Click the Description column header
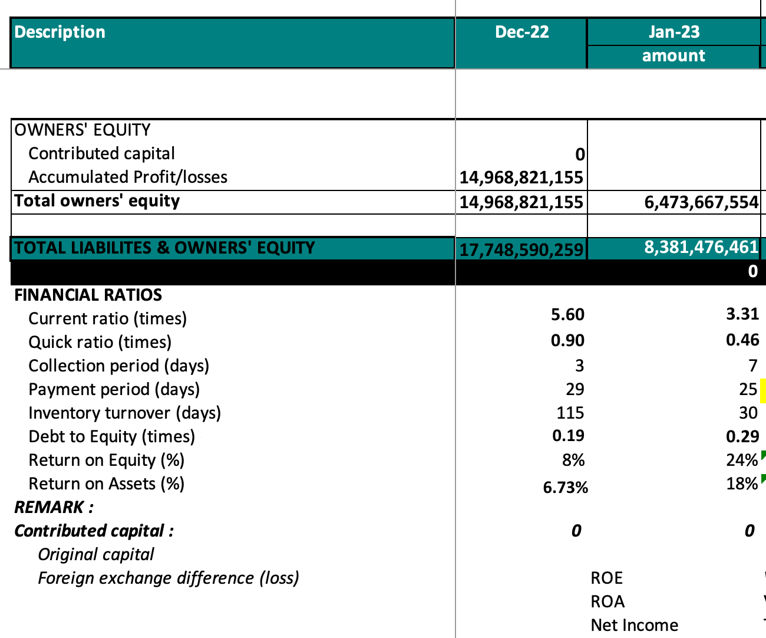[60, 32]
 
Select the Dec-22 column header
[521, 32]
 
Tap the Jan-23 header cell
[674, 32]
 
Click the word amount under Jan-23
[673, 56]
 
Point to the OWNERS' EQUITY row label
[82, 130]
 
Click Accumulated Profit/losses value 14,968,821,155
[521, 177]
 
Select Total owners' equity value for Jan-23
[701, 202]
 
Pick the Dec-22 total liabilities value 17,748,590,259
[521, 250]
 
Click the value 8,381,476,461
[701, 248]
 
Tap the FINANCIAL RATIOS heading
[88, 295]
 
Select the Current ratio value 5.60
[567, 315]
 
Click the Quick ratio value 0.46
[742, 340]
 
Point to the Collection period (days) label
[119, 366]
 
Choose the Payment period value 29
[575, 389]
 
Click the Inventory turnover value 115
[570, 413]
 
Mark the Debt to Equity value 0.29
[742, 436]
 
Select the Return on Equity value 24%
[742, 461]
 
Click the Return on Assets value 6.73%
[565, 488]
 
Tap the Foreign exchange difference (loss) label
[169, 578]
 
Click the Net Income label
[634, 625]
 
